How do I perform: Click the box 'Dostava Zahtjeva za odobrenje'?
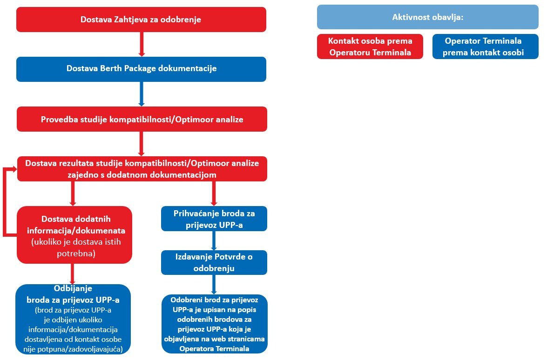[141, 20]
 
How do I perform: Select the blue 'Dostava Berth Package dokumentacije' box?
[141, 69]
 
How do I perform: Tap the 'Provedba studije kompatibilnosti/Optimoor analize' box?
[142, 119]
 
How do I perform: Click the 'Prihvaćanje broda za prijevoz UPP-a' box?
[214, 219]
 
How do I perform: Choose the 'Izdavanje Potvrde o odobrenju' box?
[214, 262]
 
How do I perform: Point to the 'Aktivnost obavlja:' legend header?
[428, 17]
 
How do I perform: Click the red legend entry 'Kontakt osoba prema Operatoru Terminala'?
[370, 47]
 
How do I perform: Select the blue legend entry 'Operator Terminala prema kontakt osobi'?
[486, 47]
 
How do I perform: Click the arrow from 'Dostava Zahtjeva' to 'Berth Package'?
[141, 44]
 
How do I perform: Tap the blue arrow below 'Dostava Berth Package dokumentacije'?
[141, 94]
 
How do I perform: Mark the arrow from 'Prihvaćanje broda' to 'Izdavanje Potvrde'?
[214, 241]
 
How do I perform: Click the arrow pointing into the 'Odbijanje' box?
[73, 274]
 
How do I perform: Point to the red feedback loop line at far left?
[4, 202]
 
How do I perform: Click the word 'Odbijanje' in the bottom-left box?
[73, 288]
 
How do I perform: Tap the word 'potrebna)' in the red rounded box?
[76, 253]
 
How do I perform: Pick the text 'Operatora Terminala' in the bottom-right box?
[214, 348]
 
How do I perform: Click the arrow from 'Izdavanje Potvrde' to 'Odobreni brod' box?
[214, 285]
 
